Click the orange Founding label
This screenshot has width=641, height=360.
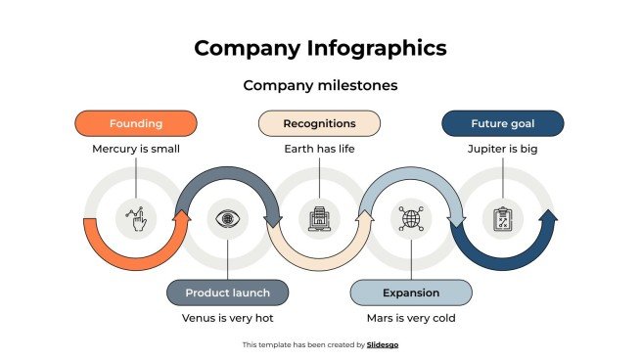(136, 123)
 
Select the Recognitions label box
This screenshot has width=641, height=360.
(319, 123)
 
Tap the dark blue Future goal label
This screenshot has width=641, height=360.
(502, 123)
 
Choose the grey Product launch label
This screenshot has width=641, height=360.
(227, 292)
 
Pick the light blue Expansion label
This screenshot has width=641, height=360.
(411, 292)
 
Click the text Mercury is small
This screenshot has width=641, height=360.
(136, 149)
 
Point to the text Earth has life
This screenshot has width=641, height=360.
(319, 149)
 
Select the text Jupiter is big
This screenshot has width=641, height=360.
(502, 149)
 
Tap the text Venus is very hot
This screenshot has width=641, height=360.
(227, 318)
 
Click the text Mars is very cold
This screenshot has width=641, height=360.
(411, 318)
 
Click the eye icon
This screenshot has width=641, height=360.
(227, 217)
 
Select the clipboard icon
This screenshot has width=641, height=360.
(503, 217)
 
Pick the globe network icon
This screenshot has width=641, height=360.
(411, 217)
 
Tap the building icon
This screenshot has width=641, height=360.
(319, 217)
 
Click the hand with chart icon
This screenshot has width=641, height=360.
(136, 217)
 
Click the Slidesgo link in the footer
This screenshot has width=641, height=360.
(383, 344)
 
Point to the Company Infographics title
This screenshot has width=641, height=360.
(320, 48)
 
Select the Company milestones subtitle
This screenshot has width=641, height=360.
(320, 85)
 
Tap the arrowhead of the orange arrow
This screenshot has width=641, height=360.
(180, 217)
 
